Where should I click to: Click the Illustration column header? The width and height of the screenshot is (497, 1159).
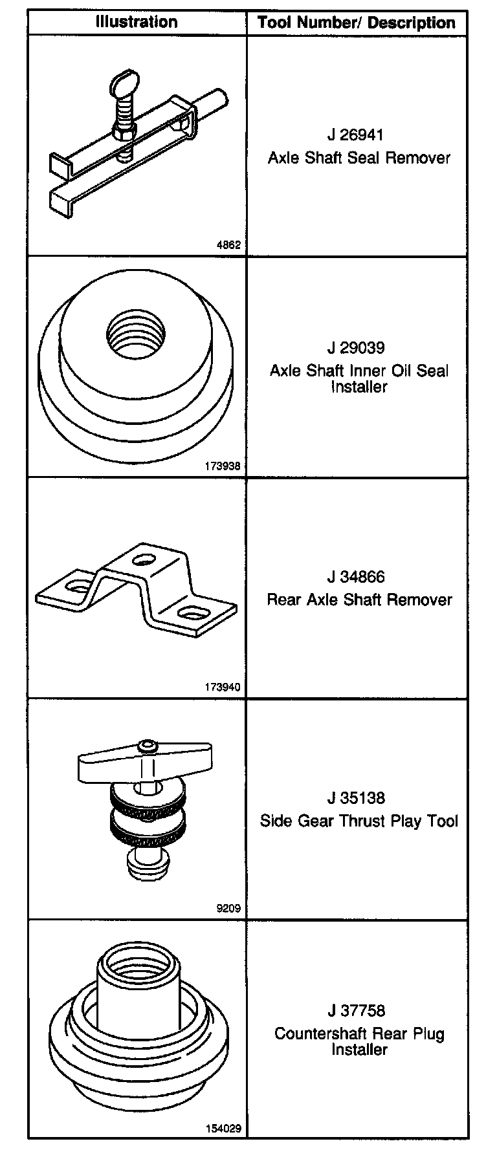(x=137, y=22)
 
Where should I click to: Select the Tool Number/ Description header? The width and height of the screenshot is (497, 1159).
(x=357, y=23)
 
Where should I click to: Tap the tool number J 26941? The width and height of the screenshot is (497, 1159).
(x=355, y=135)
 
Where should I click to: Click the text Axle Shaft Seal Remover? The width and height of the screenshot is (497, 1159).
(x=359, y=158)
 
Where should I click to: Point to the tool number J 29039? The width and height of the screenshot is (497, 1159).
(x=356, y=348)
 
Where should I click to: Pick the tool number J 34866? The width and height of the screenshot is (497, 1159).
(x=356, y=577)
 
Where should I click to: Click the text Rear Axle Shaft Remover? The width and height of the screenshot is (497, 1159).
(x=359, y=600)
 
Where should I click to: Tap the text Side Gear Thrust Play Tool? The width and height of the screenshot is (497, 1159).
(x=359, y=821)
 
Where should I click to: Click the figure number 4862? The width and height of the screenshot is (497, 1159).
(x=230, y=245)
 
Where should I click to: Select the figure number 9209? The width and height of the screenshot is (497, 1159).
(x=230, y=908)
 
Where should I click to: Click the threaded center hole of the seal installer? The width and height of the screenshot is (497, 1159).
(x=135, y=334)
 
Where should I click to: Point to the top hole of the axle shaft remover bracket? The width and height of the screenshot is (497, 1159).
(x=143, y=558)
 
